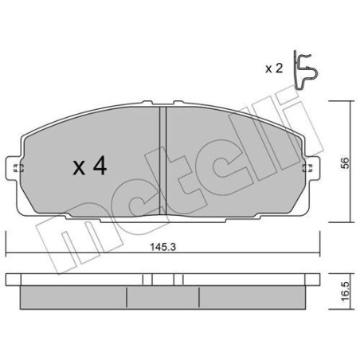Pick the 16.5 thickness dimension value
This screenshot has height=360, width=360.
coord(343,292)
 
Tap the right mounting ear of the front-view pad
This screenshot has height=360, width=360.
coord(311,168)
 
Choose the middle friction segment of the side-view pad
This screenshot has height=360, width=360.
coord(162,299)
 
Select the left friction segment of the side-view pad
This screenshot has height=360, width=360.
coord(73,299)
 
